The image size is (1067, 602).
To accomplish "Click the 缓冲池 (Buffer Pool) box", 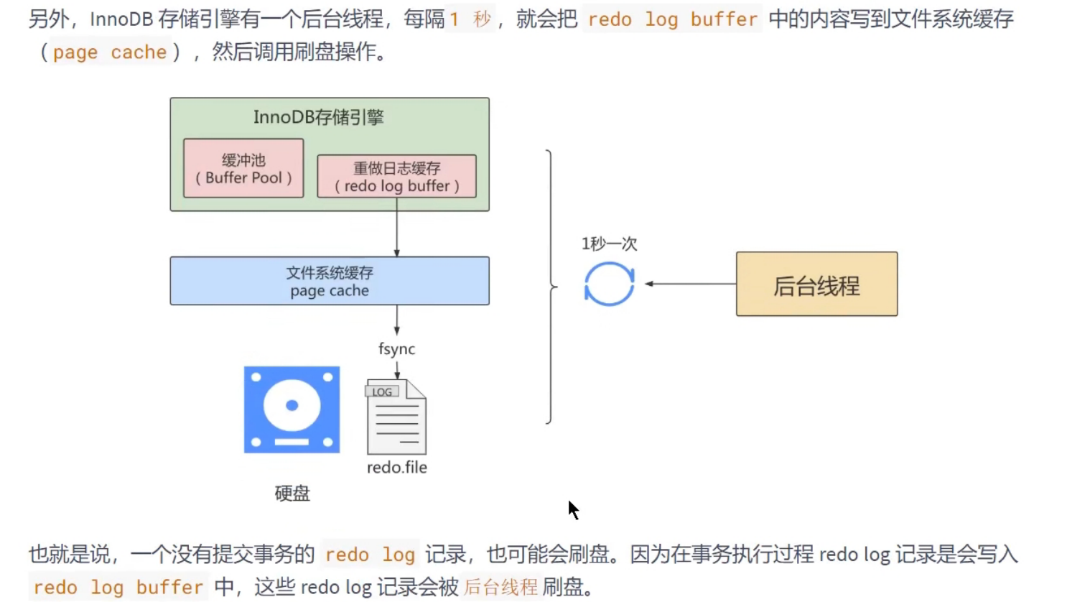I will [x=243, y=169].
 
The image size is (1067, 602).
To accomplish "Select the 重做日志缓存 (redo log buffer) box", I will [x=396, y=177].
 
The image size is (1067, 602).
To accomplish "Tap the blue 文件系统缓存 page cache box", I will [x=330, y=281].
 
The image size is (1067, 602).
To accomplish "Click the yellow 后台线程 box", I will [x=816, y=284].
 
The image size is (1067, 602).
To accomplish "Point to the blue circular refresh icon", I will [x=610, y=284].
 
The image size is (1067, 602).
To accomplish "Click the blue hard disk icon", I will [x=292, y=409].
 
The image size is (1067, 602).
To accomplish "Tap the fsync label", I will [x=396, y=349].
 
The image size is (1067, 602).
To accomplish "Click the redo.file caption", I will [x=396, y=468].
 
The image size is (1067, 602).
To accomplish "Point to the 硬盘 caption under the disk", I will [x=292, y=494].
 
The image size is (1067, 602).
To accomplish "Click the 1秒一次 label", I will [x=609, y=244].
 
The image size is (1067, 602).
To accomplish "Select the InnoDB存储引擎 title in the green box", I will [x=318, y=117].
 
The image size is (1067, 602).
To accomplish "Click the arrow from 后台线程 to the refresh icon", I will [x=689, y=284].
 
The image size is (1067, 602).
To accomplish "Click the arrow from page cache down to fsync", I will [x=396, y=320].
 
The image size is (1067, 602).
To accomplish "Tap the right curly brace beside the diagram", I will [x=550, y=287].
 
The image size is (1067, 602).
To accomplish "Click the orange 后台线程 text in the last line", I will [x=500, y=587].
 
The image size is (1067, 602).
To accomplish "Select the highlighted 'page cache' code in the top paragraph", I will [x=109, y=52].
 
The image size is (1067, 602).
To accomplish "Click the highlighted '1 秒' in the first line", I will [x=470, y=19].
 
